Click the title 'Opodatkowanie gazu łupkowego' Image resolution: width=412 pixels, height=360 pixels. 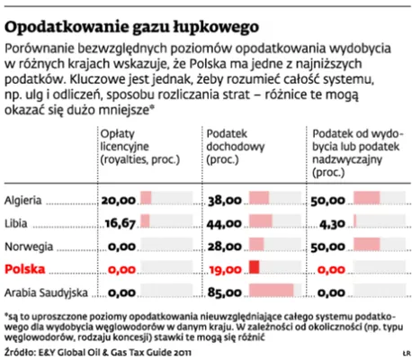click(x=131, y=28)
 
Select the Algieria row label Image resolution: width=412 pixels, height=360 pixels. click(x=22, y=201)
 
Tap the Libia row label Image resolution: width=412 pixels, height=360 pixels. click(x=16, y=223)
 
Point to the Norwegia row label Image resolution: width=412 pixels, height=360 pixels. click(x=29, y=247)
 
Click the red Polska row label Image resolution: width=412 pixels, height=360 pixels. click(x=25, y=269)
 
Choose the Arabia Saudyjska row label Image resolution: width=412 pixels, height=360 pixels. click(x=46, y=292)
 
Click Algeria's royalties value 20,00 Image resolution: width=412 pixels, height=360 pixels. click(x=119, y=201)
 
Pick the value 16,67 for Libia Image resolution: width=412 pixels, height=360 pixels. click(x=121, y=223)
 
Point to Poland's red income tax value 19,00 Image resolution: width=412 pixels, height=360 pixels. click(x=225, y=270)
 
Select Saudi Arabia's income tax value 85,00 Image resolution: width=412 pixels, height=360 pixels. click(x=225, y=292)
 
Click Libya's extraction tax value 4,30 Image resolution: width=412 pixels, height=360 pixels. click(x=332, y=224)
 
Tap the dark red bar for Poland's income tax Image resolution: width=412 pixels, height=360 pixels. click(x=254, y=267)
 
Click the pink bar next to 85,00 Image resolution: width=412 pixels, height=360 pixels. click(x=272, y=290)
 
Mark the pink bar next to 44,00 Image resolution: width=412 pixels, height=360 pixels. click(x=261, y=220)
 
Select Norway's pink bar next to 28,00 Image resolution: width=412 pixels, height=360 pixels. click(x=256, y=244)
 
